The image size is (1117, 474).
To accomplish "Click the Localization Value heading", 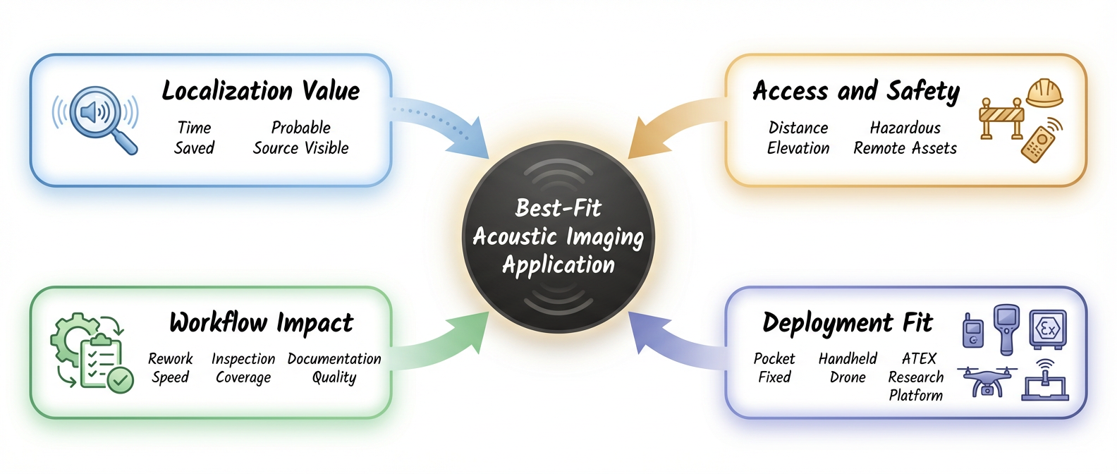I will pos(261,91).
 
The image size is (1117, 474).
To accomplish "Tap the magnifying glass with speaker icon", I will pos(97,117).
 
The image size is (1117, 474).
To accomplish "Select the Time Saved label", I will pos(194,138).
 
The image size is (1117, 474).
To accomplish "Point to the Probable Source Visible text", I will pos(300,138).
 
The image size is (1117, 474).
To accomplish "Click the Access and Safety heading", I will pos(855,91).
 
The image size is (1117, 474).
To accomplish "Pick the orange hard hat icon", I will pos(1044,92).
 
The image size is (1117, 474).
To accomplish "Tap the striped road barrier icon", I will pos(1001,118).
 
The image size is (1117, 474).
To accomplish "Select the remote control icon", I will pos(1041,140).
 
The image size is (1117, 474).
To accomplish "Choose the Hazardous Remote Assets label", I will pos(905,138).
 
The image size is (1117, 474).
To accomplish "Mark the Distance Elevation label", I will pos(798,138).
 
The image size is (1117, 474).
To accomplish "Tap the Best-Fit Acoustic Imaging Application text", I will pos(558,236).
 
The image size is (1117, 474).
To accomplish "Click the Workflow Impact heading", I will pos(261,323).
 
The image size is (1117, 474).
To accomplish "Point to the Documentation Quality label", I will pos(334,367).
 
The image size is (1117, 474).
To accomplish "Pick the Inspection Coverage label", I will pos(243,367).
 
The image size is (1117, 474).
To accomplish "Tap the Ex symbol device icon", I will pos(1047,329).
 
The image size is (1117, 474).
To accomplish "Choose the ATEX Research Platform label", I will pos(916,377).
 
